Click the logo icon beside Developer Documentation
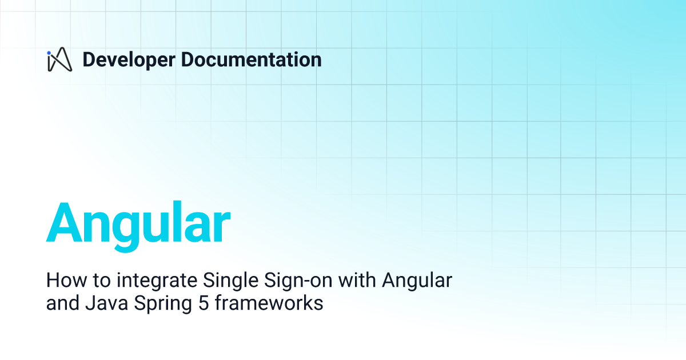click(59, 60)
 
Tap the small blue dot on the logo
click(49, 53)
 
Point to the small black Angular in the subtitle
click(417, 282)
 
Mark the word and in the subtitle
click(61, 303)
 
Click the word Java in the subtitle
click(102, 303)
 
